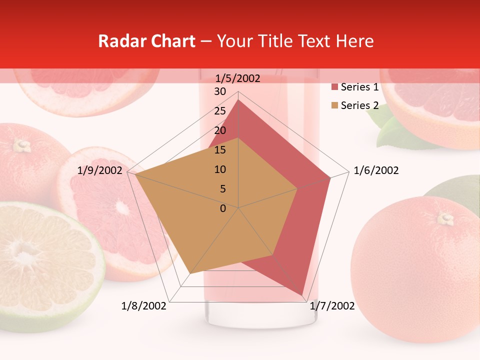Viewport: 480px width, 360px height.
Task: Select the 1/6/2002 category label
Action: pos(376,170)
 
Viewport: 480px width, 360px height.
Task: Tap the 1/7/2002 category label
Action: pos(332,306)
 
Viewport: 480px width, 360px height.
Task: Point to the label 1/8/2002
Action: pos(144,306)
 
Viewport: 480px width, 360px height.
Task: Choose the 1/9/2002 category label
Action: pos(100,170)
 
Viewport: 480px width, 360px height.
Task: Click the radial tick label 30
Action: pos(220,91)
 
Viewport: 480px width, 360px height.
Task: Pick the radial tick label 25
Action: pos(220,111)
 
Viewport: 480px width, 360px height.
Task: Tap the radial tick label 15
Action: pos(220,150)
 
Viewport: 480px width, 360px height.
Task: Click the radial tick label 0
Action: pos(223,208)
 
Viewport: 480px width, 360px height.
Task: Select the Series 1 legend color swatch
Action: pos(335,87)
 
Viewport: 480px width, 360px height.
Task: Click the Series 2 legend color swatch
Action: pos(335,105)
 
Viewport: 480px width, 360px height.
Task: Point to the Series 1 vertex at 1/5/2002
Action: pos(238,99)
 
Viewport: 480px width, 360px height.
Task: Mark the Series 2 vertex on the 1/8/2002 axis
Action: pos(190,273)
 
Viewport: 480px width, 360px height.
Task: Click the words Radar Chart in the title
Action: pos(146,41)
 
